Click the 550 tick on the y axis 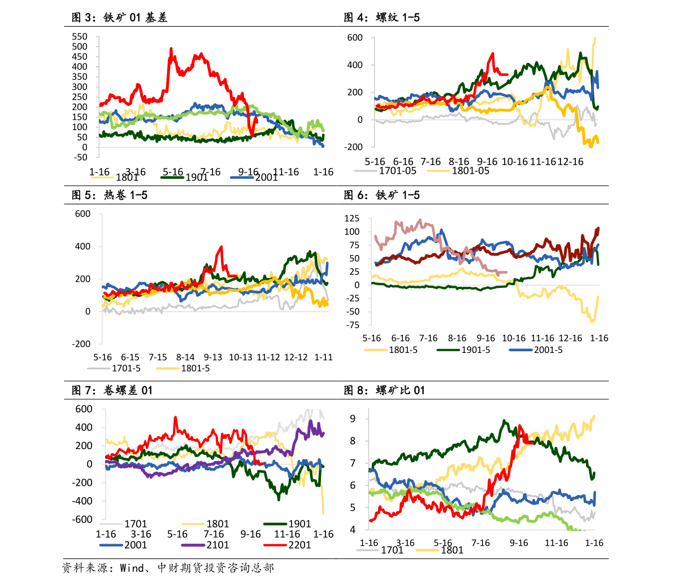click(x=79, y=36)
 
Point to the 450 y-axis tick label click(x=79, y=56)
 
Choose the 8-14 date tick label click(x=185, y=357)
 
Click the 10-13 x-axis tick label click(x=241, y=357)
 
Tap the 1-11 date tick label click(x=323, y=357)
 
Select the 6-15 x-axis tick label click(x=130, y=357)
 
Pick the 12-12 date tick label click(x=296, y=357)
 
